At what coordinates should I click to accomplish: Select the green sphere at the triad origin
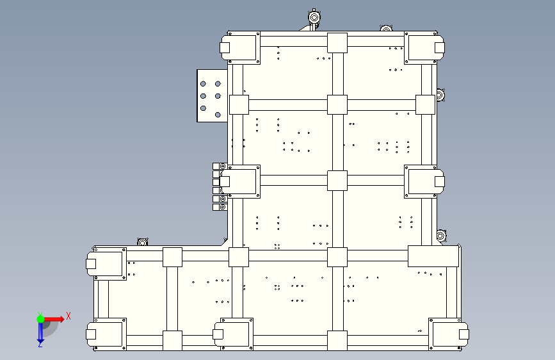click(40, 319)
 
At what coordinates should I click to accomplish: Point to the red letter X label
click(68, 316)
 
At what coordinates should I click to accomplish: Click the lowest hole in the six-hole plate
click(218, 115)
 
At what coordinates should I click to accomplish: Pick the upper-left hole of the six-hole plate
click(203, 84)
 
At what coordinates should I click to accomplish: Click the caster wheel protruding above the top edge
click(314, 18)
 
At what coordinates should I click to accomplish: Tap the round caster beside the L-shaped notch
click(142, 242)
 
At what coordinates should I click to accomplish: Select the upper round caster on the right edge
click(440, 95)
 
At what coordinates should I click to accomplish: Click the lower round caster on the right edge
click(441, 236)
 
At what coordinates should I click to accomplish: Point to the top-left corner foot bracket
click(240, 48)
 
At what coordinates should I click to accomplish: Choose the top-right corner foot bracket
click(424, 48)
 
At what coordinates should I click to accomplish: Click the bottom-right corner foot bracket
click(449, 334)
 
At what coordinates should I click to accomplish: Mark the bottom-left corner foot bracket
click(106, 334)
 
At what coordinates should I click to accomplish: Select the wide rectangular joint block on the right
click(433, 256)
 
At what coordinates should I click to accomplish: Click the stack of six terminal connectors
click(220, 187)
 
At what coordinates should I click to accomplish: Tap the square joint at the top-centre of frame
click(337, 43)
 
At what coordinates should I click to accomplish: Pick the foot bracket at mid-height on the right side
click(424, 181)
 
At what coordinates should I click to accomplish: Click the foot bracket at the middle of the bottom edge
click(233, 334)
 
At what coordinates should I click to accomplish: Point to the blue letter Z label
click(40, 345)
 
